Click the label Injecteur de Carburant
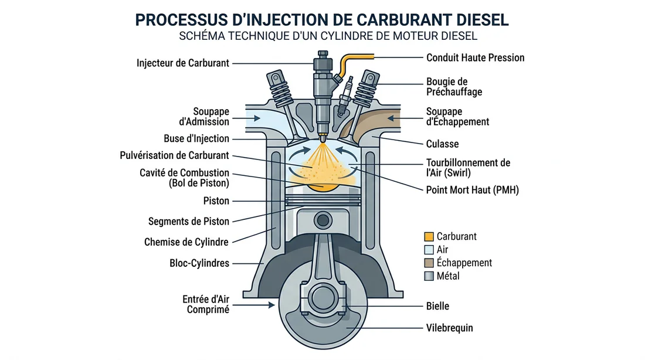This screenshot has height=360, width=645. (x=182, y=63)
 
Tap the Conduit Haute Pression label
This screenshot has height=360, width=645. (x=475, y=57)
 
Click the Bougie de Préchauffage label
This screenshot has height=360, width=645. (x=446, y=87)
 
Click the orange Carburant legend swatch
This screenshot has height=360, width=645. (x=429, y=237)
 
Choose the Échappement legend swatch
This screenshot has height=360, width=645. (x=429, y=263)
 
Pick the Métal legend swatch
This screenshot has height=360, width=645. (x=429, y=276)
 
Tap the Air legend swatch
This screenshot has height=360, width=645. (x=429, y=250)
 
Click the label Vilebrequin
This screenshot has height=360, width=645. (x=450, y=328)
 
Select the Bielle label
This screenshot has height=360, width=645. (x=437, y=306)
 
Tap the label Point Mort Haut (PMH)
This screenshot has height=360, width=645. (x=472, y=190)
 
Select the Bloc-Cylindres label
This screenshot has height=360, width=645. (x=195, y=263)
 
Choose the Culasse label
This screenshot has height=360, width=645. (x=442, y=144)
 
